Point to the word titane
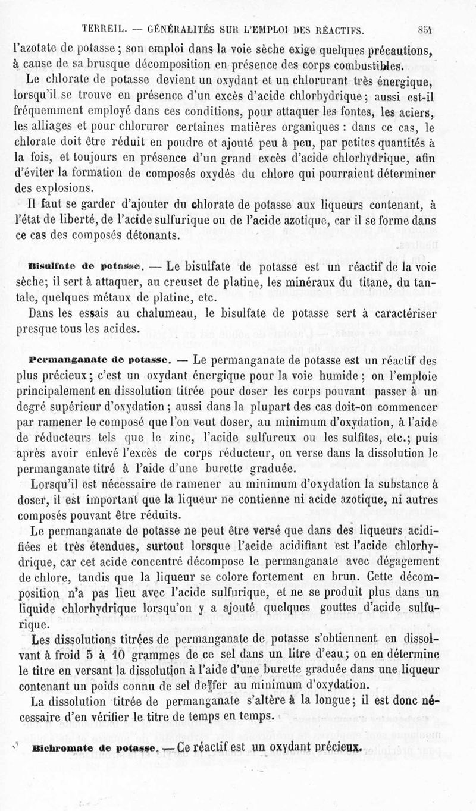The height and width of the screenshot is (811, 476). click(368, 282)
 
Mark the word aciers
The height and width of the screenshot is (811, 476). click(418, 111)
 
